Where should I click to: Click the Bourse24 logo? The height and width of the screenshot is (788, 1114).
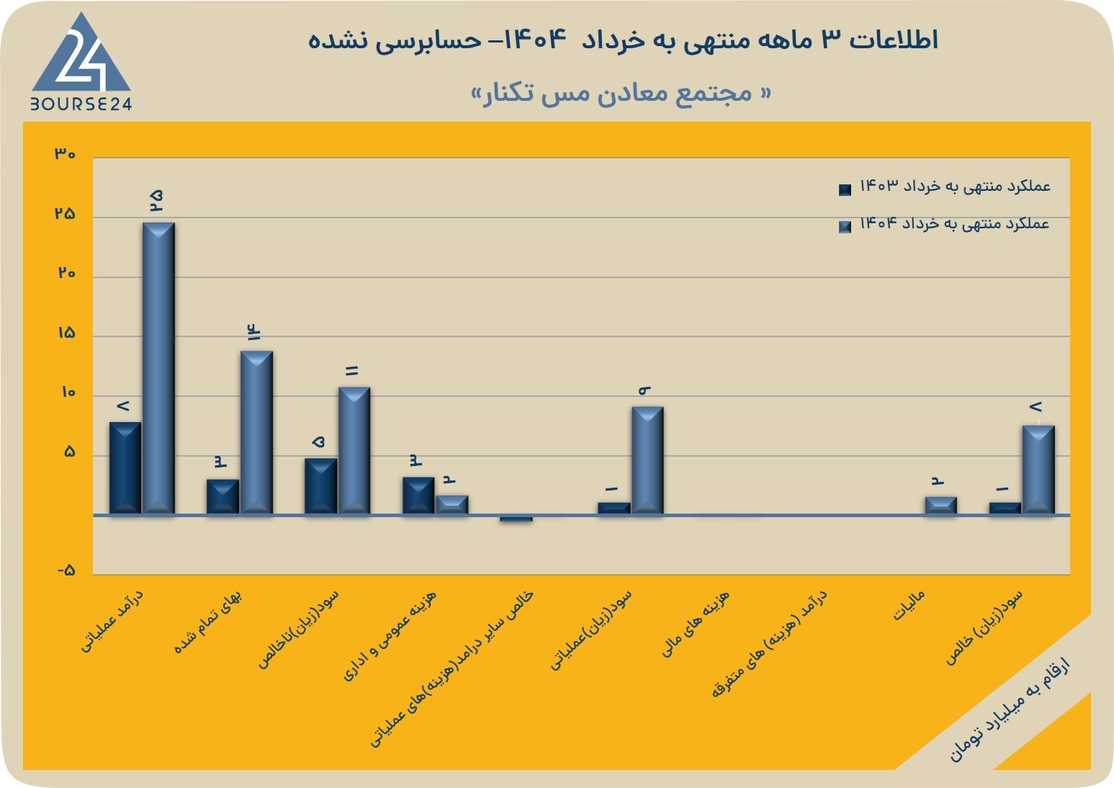[81, 61]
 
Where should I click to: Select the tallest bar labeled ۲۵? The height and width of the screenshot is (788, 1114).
[158, 368]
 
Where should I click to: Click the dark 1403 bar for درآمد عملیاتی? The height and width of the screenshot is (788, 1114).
[125, 468]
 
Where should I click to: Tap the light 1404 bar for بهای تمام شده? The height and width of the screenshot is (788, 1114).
[256, 432]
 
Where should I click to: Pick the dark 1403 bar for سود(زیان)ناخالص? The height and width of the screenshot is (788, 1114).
[320, 486]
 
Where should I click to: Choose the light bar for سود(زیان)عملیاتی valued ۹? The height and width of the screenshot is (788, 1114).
[647, 460]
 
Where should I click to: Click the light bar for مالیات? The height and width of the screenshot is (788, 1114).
[941, 506]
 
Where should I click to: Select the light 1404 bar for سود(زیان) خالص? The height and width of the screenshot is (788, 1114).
[1038, 470]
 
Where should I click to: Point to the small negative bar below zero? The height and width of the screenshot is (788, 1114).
[516, 519]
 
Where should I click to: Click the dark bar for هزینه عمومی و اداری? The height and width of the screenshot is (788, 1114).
[418, 496]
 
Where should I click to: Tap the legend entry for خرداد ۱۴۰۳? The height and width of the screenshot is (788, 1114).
[944, 187]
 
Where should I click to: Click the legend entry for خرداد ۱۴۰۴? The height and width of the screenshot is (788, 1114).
[944, 224]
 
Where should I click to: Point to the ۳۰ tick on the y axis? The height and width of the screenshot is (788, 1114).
[65, 153]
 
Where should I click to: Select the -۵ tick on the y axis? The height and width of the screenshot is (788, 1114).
[66, 570]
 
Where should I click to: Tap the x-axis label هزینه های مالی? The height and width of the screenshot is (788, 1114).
[695, 624]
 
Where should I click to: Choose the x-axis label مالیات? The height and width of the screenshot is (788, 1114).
[909, 605]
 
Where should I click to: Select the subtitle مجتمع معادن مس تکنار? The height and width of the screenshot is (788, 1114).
[621, 93]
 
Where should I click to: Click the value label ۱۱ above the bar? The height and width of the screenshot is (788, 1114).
[352, 371]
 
